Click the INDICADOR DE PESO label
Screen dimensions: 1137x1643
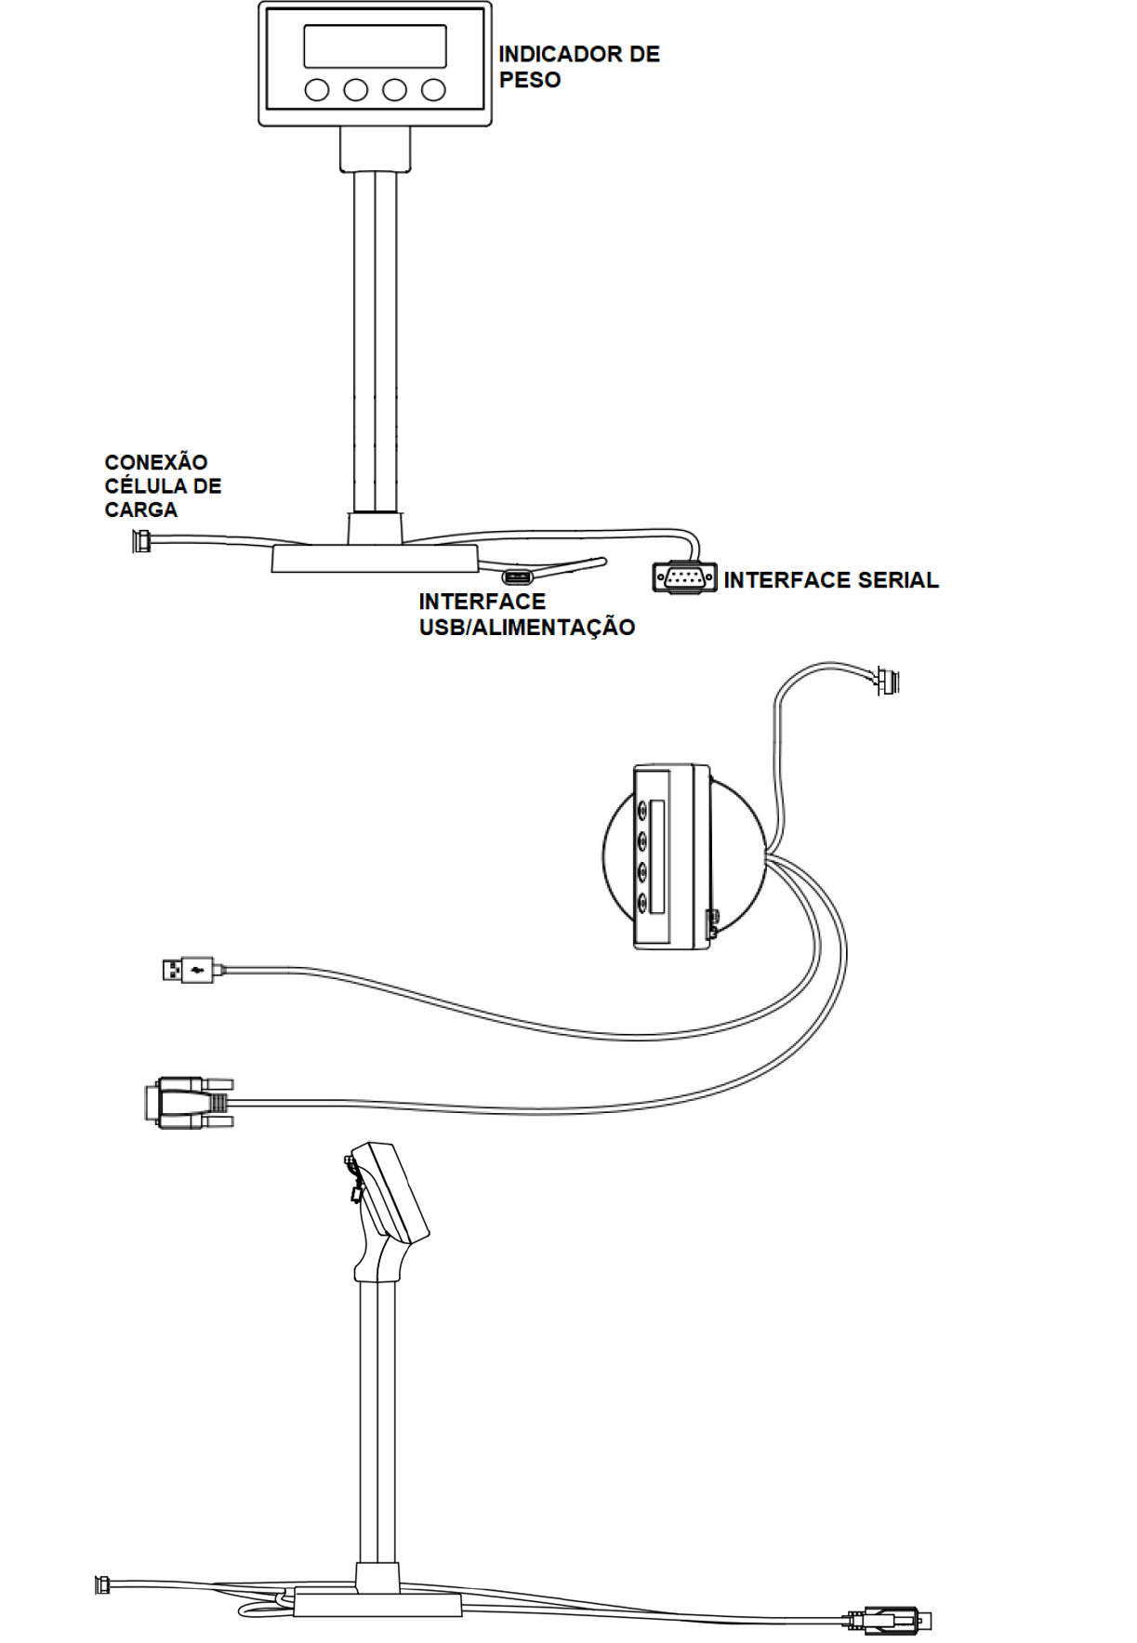point(578,67)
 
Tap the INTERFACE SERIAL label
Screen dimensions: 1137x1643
point(831,580)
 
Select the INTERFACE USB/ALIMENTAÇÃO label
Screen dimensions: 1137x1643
point(526,614)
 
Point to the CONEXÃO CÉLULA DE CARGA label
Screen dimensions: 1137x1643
point(163,485)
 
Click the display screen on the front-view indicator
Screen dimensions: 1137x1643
point(375,46)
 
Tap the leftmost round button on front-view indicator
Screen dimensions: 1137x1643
point(317,89)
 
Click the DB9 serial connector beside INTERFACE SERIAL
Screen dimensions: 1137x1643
point(685,577)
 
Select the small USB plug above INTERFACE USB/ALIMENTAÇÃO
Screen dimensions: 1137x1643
point(518,578)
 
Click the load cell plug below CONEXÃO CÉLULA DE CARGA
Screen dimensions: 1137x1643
point(142,540)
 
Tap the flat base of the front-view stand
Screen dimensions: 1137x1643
point(375,559)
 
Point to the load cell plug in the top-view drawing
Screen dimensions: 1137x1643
point(887,682)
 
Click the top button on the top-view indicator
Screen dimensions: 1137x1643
point(642,811)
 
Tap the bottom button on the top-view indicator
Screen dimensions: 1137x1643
point(642,902)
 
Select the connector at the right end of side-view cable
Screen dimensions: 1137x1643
point(888,1620)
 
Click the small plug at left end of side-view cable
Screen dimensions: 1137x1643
point(101,1583)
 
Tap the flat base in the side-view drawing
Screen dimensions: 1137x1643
point(377,1604)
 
